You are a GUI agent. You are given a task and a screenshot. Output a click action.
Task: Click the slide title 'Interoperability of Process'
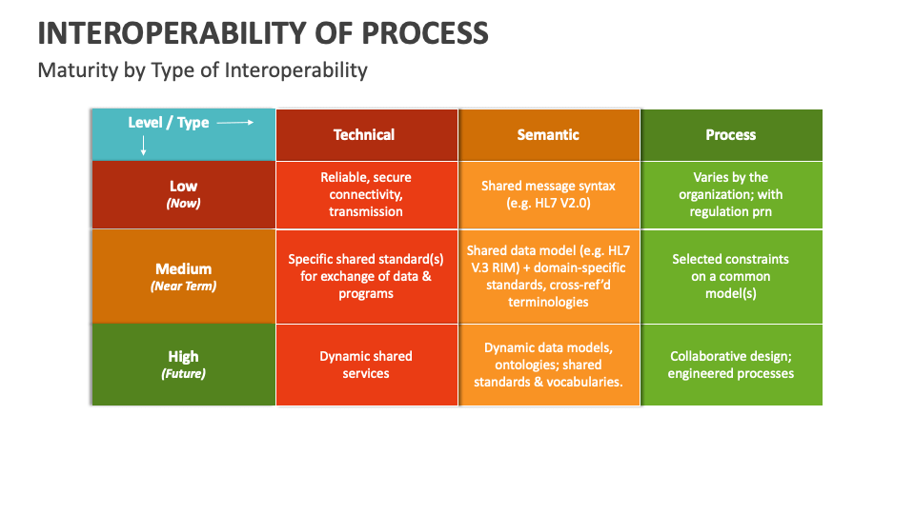tap(263, 32)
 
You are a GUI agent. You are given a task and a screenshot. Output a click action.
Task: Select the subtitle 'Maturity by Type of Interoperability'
tap(202, 69)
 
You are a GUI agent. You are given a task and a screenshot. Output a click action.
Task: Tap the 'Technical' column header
tap(364, 135)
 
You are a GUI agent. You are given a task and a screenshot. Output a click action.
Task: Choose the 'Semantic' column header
tap(548, 135)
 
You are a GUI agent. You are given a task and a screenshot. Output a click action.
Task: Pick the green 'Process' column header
tap(731, 135)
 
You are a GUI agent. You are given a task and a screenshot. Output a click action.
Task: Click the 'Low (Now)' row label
tap(183, 194)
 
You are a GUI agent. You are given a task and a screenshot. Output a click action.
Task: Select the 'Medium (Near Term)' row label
tap(183, 277)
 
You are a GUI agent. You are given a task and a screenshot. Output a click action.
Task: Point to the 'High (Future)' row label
tap(183, 365)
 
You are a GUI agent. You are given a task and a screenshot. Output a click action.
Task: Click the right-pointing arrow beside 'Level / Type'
tap(234, 123)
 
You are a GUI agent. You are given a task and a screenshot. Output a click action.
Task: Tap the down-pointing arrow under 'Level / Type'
tap(144, 146)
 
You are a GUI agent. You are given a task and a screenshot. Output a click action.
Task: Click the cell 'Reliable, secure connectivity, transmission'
tap(366, 194)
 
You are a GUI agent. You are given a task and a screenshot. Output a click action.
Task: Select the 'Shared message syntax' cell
tap(548, 194)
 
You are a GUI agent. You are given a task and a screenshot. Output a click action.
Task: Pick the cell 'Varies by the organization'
tap(731, 194)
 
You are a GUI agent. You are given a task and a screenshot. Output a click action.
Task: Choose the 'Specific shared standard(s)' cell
tap(366, 277)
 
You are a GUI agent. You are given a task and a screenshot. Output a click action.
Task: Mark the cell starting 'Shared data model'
tap(548, 277)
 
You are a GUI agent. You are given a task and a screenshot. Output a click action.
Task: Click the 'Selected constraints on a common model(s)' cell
tap(731, 277)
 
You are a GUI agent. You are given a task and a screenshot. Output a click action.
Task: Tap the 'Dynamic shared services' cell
tap(366, 365)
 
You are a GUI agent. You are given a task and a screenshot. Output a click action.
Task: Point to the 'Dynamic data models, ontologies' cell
tap(548, 365)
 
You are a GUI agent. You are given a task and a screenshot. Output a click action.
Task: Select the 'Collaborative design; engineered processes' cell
tap(731, 365)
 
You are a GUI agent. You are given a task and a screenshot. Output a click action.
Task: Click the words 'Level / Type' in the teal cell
tap(169, 123)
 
